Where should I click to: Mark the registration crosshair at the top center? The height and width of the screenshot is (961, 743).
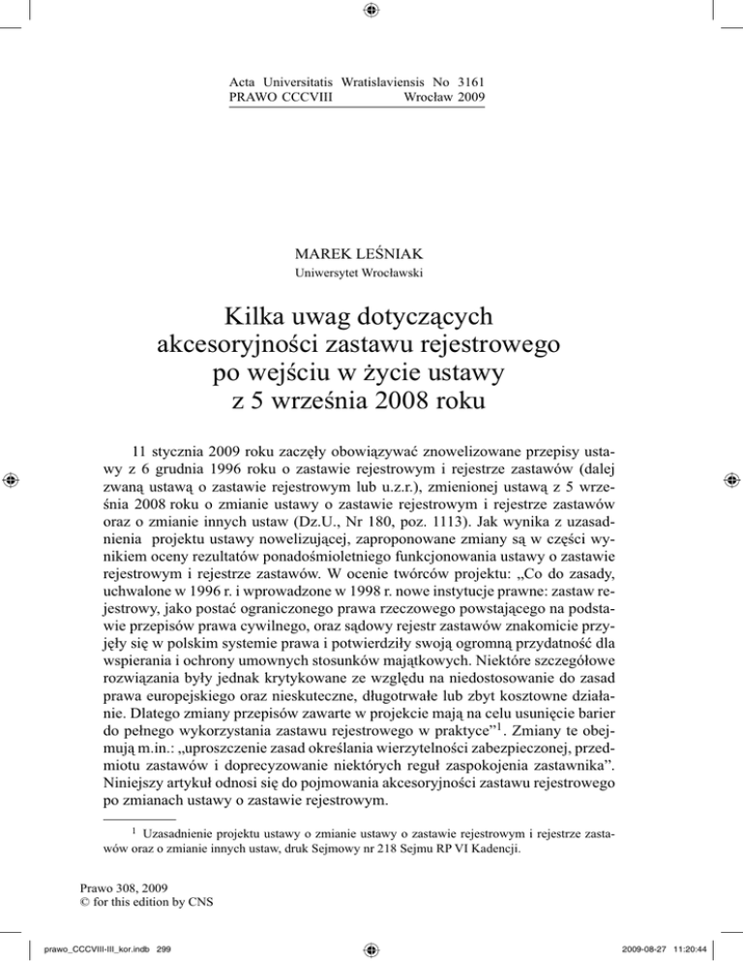tap(371, 12)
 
